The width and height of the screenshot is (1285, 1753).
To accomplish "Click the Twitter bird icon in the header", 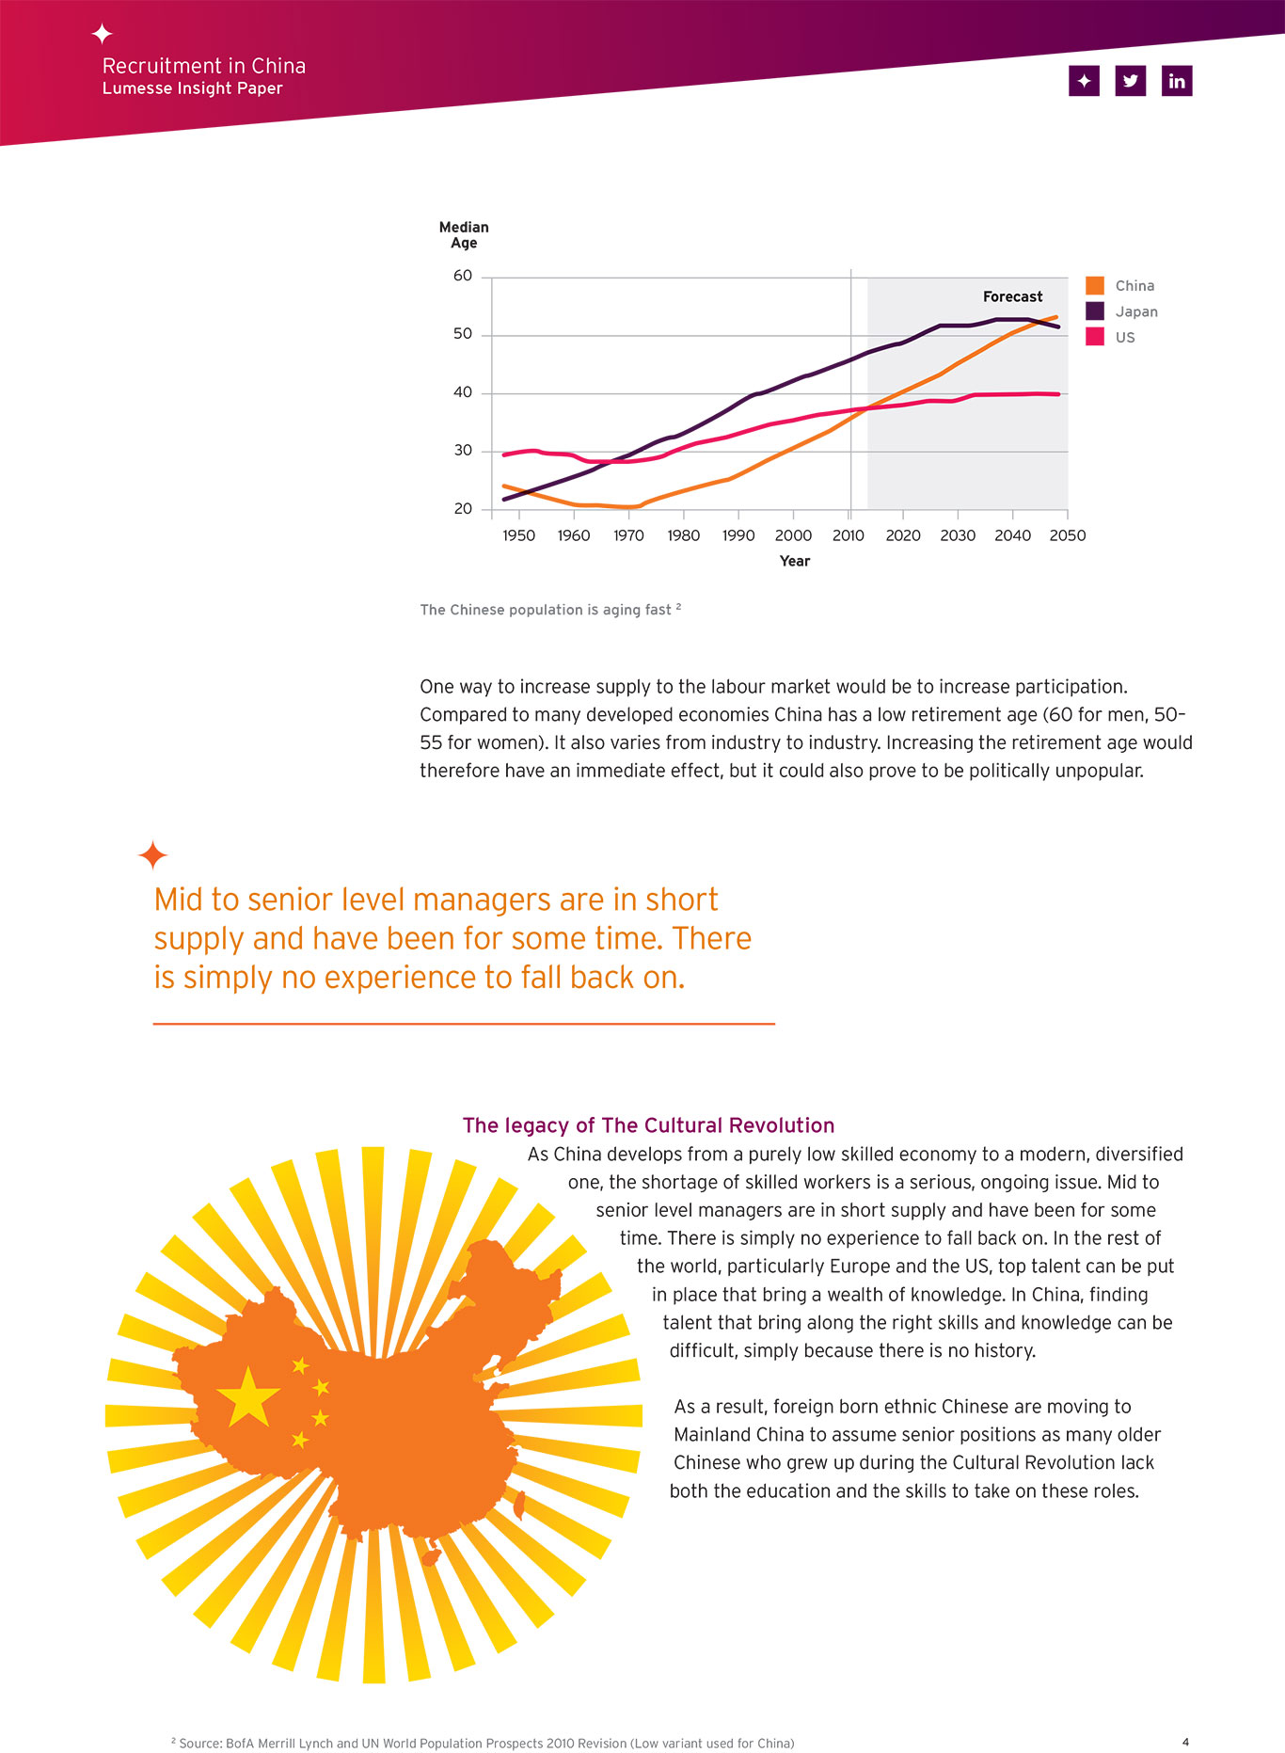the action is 1131,81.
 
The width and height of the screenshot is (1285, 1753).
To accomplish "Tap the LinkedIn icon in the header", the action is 1177,81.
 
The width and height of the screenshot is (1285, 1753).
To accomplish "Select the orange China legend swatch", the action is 1095,285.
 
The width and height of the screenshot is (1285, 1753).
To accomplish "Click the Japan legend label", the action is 1136,311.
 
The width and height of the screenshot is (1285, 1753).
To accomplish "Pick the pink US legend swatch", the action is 1095,337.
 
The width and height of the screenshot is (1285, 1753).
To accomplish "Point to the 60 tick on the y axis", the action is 463,276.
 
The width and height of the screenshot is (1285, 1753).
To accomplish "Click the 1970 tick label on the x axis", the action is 628,535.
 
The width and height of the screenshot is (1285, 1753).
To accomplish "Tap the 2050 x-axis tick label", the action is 1068,535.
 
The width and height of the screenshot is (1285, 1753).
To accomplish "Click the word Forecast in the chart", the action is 1012,296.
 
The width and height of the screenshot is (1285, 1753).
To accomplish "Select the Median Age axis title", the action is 464,235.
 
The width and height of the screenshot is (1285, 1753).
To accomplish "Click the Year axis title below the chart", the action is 795,561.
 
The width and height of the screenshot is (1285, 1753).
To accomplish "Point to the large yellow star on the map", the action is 248,1396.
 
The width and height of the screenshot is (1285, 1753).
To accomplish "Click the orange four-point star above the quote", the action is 152,855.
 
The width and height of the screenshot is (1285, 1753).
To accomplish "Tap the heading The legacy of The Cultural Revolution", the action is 648,1125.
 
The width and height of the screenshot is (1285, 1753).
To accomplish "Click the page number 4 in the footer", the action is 1185,1743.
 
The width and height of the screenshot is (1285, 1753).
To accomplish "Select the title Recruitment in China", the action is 204,66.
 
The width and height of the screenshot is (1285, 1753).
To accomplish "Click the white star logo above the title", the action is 103,34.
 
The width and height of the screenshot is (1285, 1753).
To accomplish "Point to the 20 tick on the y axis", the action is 463,509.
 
